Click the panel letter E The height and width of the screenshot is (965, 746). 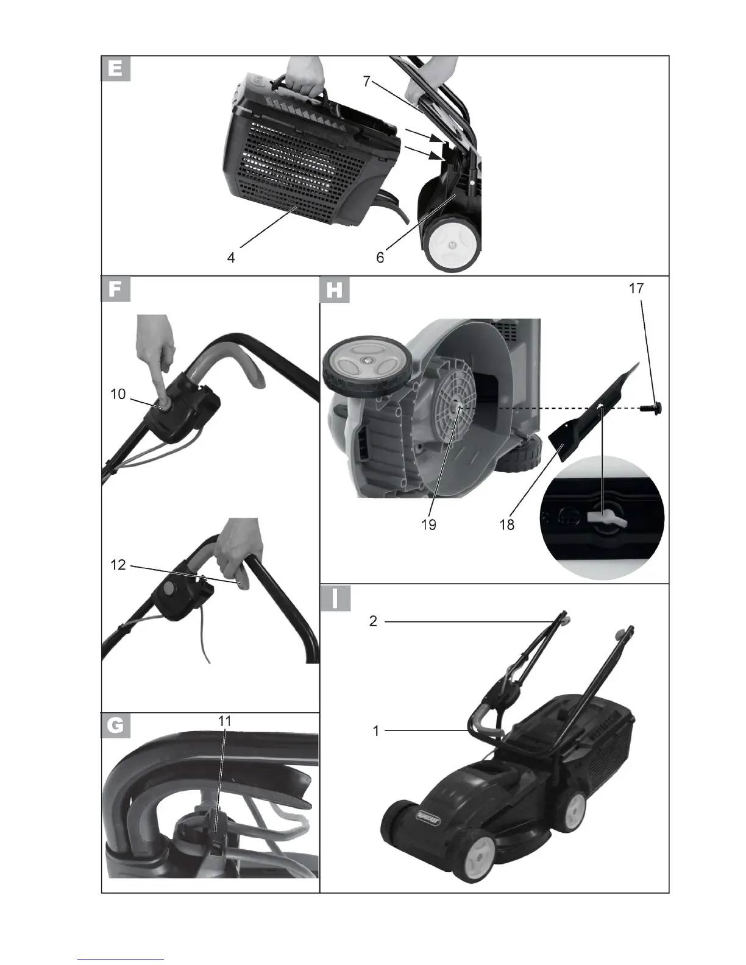[116, 68]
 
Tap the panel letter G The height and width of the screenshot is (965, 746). [116, 726]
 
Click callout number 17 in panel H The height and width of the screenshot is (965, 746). [636, 288]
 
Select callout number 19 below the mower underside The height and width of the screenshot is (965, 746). [428, 524]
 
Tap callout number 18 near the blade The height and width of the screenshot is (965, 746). [506, 524]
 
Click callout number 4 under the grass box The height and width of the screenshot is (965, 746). [231, 258]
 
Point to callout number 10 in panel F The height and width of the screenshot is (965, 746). [118, 394]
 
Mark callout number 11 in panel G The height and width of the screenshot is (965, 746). [225, 720]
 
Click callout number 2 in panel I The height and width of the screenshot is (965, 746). [374, 621]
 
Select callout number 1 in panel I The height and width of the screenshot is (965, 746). [376, 730]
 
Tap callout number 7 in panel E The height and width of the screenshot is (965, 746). [366, 81]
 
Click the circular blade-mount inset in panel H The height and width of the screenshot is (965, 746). [603, 521]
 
